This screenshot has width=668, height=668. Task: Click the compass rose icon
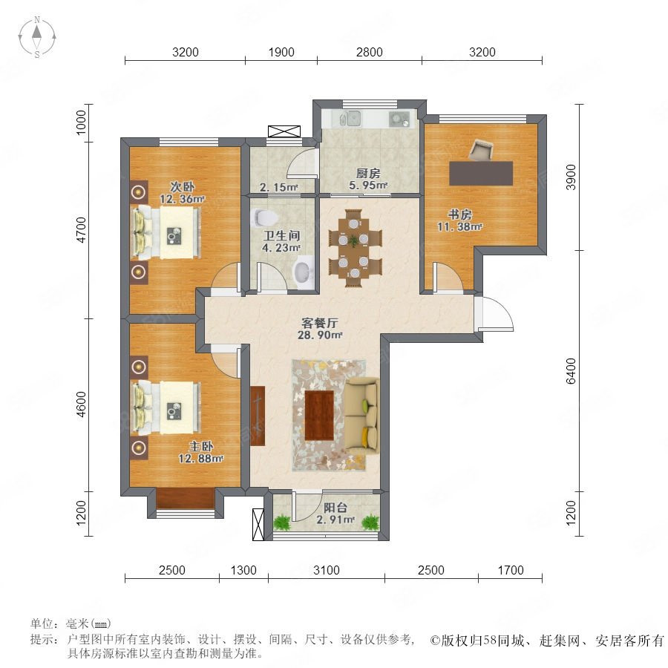point(37,36)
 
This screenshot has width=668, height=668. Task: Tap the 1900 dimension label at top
point(281,52)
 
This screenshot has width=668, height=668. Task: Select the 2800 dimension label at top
point(370,52)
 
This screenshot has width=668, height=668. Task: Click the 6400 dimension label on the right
point(571,370)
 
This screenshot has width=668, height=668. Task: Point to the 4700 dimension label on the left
point(81,230)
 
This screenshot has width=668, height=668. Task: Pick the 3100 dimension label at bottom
point(327,570)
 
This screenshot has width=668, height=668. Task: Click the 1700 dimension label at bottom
point(511,570)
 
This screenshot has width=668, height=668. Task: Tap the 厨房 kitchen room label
point(368,174)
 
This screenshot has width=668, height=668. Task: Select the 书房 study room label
point(459,215)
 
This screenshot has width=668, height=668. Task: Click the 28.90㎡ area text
point(320,335)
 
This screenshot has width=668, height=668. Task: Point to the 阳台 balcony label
point(335,508)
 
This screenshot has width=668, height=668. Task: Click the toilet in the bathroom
point(264,217)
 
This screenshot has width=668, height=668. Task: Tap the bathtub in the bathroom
point(303,272)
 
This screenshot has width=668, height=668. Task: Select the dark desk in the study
point(481,173)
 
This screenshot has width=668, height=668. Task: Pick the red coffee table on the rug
point(319,416)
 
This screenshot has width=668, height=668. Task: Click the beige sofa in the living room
point(361,415)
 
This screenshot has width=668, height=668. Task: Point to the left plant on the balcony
point(281,522)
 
